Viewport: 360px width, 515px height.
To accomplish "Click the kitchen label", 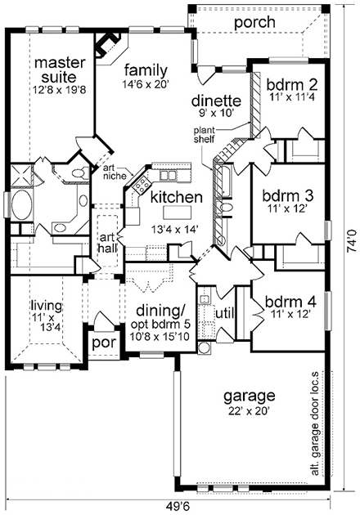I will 176,197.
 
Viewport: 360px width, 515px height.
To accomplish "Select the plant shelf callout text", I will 204,135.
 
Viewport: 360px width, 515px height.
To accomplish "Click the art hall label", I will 107,242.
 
